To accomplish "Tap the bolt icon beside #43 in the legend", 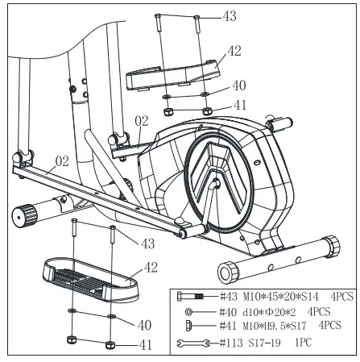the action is coord(190,297).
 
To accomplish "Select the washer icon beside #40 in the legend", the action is coord(188,312).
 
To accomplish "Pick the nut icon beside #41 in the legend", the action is coord(188,326).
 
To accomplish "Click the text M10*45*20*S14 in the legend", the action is coord(281,297).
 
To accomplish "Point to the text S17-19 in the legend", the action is coord(264,343).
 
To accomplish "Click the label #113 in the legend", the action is coord(231,343).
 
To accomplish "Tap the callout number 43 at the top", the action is coord(230,16).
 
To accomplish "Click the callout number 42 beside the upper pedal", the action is coord(234,51).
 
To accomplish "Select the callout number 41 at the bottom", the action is coord(146,345).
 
